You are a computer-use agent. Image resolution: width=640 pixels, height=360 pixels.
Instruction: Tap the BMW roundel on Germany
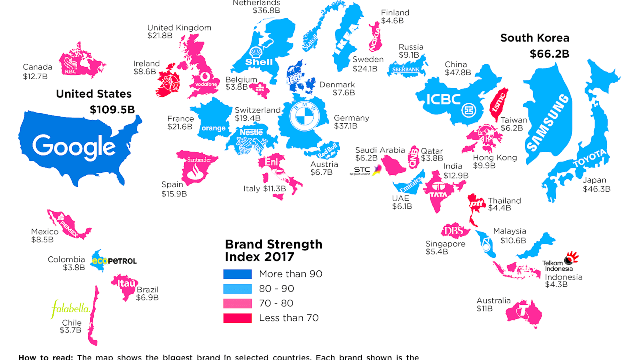305,116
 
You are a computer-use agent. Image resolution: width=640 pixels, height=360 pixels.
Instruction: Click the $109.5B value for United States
112,110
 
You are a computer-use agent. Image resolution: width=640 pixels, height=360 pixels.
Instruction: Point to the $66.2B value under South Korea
549,54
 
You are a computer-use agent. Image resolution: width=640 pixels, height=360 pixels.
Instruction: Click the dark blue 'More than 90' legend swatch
237,274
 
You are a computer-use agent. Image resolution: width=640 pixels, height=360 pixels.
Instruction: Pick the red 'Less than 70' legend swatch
237,318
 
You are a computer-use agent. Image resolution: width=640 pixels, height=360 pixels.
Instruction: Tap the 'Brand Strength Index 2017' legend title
274,250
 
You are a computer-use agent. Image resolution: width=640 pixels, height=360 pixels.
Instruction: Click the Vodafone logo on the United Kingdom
206,80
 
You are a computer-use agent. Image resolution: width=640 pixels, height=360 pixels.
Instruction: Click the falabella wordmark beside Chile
71,309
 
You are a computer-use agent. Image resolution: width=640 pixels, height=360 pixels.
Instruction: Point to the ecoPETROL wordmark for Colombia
114,261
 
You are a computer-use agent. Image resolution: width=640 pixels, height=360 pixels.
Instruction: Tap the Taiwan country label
514,120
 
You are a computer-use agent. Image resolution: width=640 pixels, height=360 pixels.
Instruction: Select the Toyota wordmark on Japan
589,158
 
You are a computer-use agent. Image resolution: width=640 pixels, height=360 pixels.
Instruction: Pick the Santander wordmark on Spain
199,160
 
